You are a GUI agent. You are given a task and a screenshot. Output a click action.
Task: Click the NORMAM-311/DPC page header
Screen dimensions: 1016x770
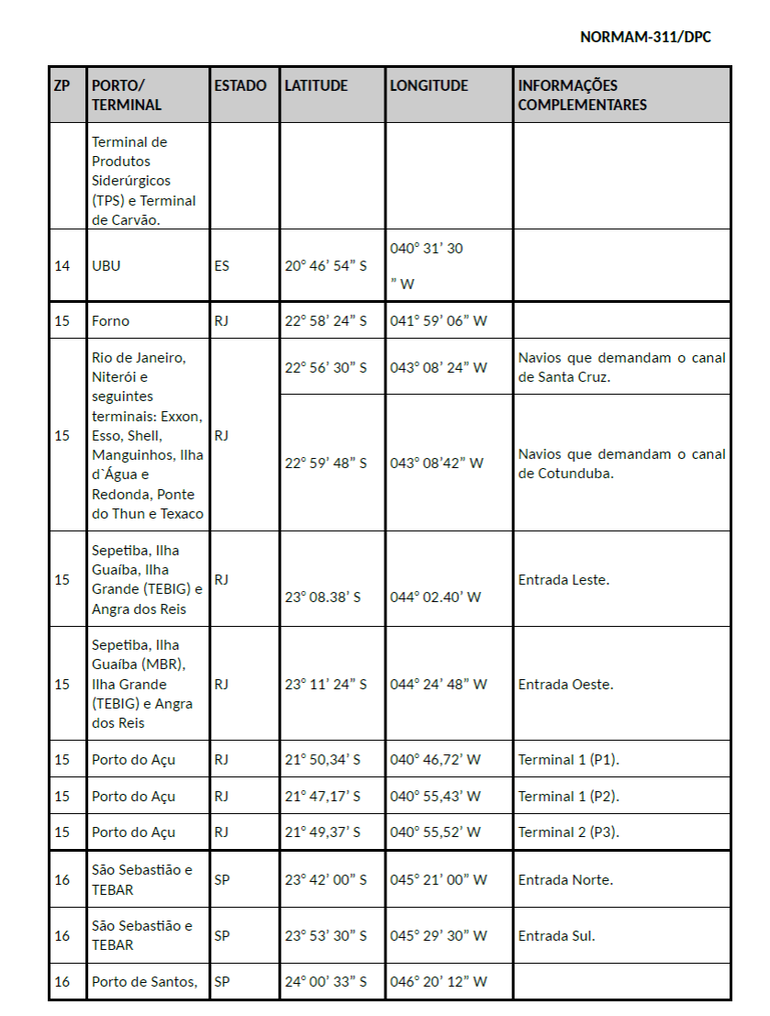pyautogui.click(x=645, y=37)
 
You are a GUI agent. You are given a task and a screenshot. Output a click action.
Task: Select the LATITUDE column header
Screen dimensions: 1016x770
pyautogui.click(x=316, y=85)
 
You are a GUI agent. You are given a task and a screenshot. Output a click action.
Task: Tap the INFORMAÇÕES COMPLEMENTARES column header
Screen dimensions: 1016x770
pyautogui.click(x=582, y=95)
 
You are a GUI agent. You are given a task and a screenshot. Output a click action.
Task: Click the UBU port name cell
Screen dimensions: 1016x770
pyautogui.click(x=106, y=266)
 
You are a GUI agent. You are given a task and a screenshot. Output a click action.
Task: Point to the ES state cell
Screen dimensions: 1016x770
pyautogui.click(x=222, y=266)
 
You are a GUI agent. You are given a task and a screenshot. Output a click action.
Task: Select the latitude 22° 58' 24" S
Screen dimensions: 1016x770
pyautogui.click(x=325, y=321)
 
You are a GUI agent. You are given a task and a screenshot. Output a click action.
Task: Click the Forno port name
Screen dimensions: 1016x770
pyautogui.click(x=111, y=321)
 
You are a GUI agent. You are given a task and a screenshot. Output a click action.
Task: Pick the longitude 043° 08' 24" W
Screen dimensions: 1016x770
pyautogui.click(x=438, y=367)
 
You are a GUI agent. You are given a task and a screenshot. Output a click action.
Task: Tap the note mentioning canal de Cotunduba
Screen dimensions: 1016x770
pyautogui.click(x=621, y=463)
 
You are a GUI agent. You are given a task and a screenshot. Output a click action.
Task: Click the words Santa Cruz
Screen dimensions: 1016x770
pyautogui.click(x=574, y=376)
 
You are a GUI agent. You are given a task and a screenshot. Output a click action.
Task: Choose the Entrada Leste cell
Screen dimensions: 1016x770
pyautogui.click(x=564, y=580)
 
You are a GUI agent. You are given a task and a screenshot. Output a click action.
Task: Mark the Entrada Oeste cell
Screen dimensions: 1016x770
pyautogui.click(x=565, y=684)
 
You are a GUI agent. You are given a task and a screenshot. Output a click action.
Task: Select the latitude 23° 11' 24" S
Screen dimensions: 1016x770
pyautogui.click(x=325, y=684)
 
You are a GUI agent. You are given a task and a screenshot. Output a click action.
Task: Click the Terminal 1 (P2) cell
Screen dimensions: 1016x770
pyautogui.click(x=568, y=796)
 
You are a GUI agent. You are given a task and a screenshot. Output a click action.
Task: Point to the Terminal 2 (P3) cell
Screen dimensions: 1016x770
pyautogui.click(x=568, y=832)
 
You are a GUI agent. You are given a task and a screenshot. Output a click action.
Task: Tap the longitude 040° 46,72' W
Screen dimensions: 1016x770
pyautogui.click(x=435, y=760)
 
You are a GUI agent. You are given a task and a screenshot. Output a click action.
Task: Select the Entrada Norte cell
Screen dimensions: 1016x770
pyautogui.click(x=565, y=879)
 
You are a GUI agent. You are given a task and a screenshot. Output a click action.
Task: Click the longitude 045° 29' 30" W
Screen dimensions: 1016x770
pyautogui.click(x=438, y=936)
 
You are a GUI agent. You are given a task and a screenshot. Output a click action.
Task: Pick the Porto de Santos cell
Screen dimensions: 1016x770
pyautogui.click(x=144, y=982)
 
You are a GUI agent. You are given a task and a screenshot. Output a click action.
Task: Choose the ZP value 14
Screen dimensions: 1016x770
pyautogui.click(x=62, y=266)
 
